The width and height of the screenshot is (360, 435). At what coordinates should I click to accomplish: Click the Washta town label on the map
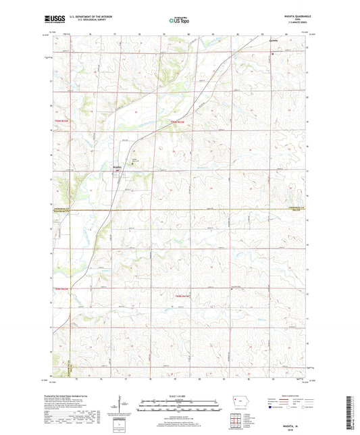[116, 166]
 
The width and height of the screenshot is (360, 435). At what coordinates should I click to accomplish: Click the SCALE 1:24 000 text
[179, 396]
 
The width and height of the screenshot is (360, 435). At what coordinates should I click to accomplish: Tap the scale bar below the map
[179, 407]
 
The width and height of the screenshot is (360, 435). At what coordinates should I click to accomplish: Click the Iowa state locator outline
[239, 399]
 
